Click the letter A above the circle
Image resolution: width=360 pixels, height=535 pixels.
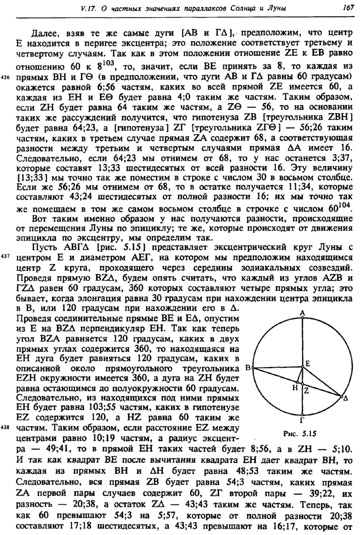pyautogui.click(x=302, y=313)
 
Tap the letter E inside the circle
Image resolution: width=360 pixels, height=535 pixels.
pyautogui.click(x=308, y=363)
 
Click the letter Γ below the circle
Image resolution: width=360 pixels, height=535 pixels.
pyautogui.click(x=302, y=421)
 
